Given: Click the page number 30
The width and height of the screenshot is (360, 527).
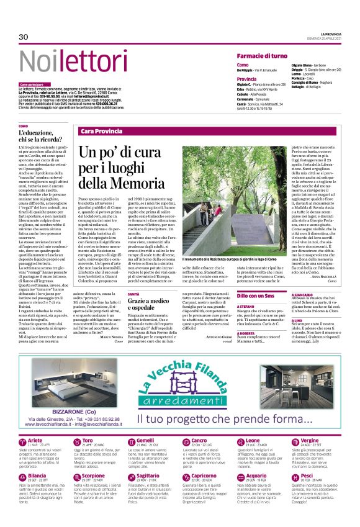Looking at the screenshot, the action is [24, 37].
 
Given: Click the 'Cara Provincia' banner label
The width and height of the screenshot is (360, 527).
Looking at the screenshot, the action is [100, 131].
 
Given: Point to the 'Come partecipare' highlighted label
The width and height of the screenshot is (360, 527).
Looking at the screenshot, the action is [32, 84].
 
